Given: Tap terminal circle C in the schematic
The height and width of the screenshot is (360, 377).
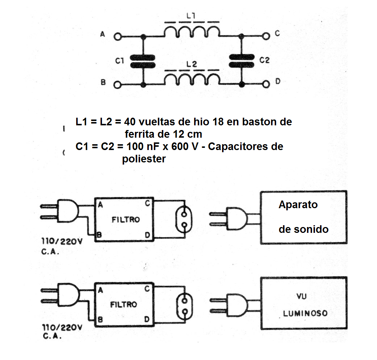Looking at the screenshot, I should pyautogui.click(x=266, y=36).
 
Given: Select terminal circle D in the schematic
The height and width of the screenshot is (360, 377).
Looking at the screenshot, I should pyautogui.click(x=266, y=84).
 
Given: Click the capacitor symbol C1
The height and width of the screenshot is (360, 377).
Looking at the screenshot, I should pyautogui.click(x=143, y=61).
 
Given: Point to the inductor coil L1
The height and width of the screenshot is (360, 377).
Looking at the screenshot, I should pyautogui.click(x=192, y=32).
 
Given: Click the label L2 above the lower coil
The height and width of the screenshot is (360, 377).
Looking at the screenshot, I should pyautogui.click(x=191, y=64).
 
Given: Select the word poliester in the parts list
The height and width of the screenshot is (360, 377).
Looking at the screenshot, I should pyautogui.click(x=144, y=159).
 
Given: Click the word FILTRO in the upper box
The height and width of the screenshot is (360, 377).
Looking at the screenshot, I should pyautogui.click(x=125, y=220).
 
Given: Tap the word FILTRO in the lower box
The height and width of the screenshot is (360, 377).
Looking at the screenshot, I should pyautogui.click(x=124, y=304).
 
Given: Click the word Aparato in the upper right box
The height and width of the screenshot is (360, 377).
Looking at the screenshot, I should pyautogui.click(x=298, y=205).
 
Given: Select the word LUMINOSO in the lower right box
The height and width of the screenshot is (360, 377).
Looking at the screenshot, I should pyautogui.click(x=305, y=313).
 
